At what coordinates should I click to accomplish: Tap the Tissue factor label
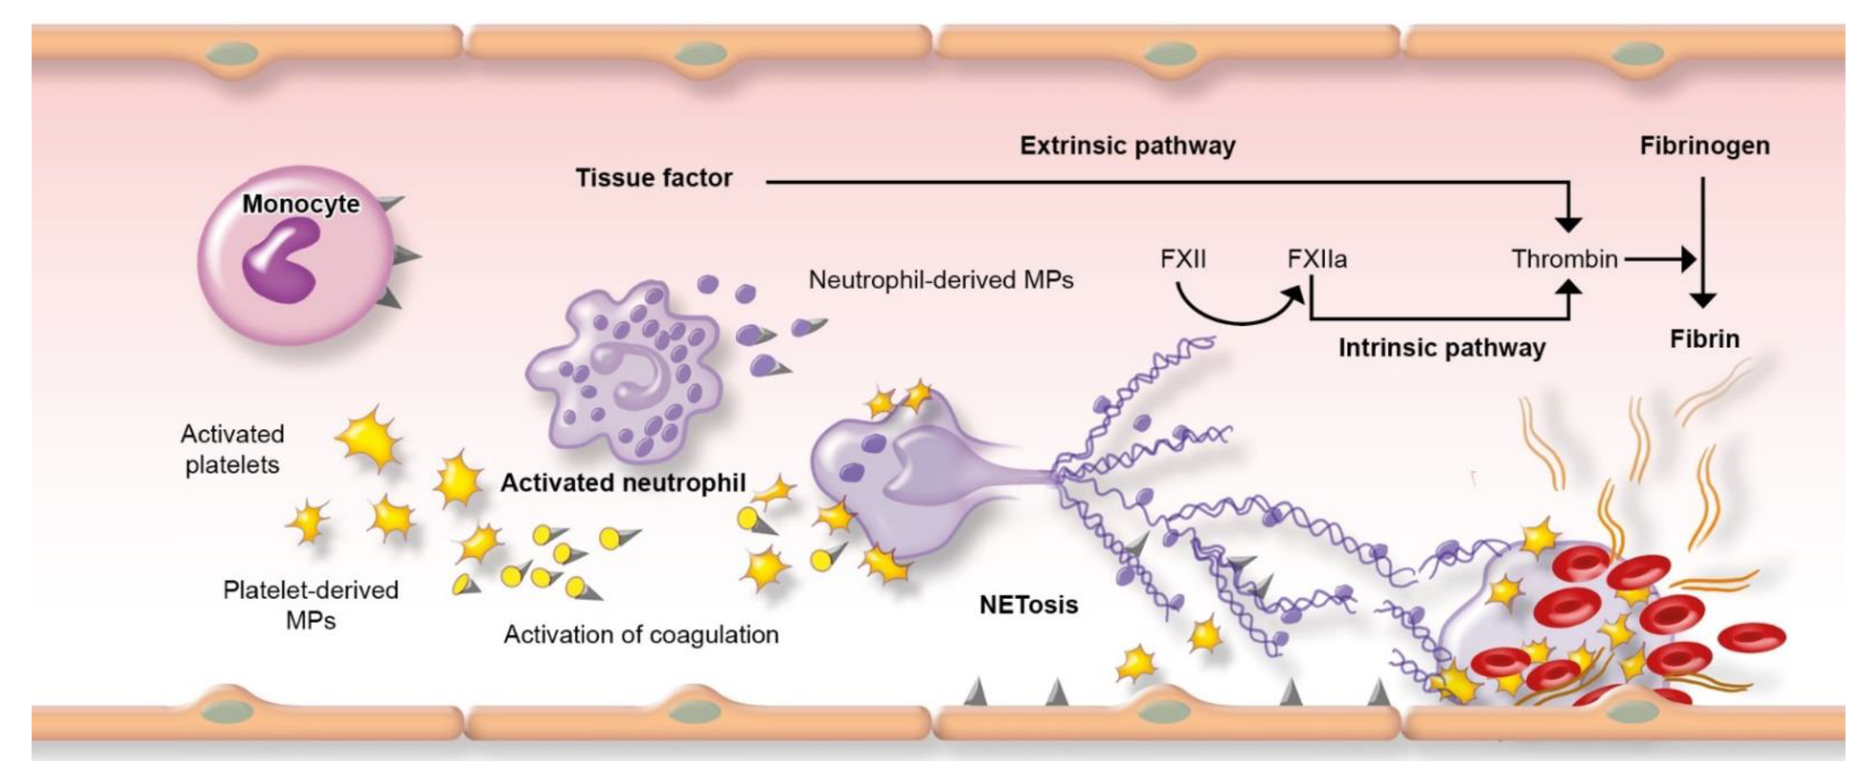tap(654, 178)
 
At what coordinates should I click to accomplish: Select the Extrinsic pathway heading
tap(1127, 146)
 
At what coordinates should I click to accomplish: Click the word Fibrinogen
tap(1704, 146)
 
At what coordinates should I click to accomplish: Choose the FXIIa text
tap(1317, 259)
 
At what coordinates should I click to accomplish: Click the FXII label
tap(1183, 259)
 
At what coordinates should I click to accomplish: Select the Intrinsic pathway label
tap(1442, 348)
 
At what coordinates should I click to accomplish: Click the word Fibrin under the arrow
tap(1704, 339)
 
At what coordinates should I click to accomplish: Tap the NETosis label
tap(1029, 605)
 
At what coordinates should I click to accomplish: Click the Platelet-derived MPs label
tap(311, 605)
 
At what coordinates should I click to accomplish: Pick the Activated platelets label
tap(233, 449)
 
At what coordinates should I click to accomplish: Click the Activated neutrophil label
tap(623, 483)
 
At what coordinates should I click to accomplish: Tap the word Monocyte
tap(301, 204)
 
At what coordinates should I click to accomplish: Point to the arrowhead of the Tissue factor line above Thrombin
tap(1569, 224)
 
